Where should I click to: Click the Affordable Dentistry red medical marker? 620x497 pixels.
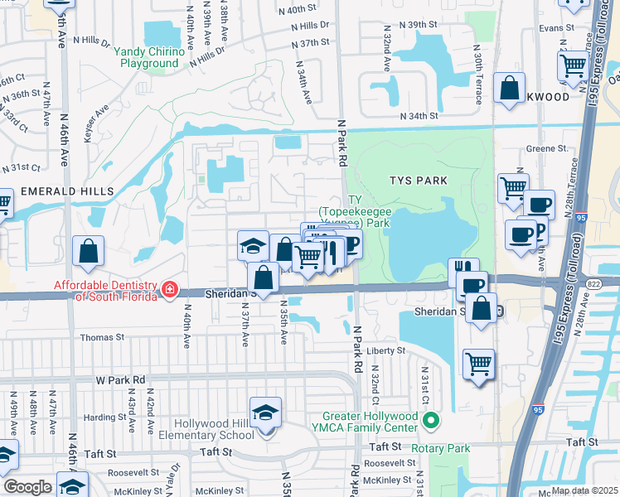(169, 289)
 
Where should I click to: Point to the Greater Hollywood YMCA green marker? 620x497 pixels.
(430, 421)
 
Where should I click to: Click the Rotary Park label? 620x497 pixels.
(445, 449)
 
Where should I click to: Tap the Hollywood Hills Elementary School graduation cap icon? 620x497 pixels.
(265, 413)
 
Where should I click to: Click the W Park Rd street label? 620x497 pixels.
(120, 380)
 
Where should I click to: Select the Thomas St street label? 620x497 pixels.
(103, 338)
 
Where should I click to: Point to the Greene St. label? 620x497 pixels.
(547, 149)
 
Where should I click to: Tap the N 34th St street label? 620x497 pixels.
(418, 116)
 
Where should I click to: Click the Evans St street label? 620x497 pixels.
(555, 27)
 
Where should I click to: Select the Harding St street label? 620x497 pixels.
(104, 417)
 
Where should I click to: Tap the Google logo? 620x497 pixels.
(27, 487)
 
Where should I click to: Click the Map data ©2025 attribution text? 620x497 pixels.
(584, 490)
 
